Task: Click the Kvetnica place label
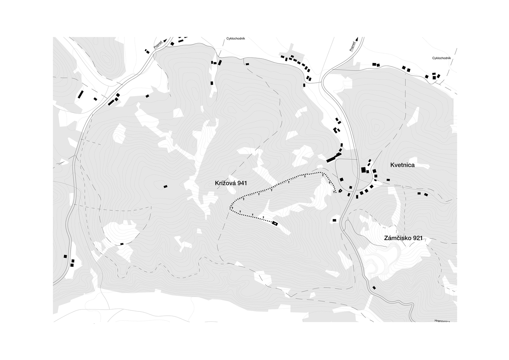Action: point(403,165)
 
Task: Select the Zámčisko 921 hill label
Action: point(403,238)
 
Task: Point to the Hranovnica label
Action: point(442,320)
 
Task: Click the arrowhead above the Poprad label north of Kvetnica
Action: point(356,38)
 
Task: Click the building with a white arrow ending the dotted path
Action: point(275,224)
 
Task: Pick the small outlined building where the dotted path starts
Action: point(340,190)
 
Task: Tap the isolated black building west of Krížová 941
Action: point(165,186)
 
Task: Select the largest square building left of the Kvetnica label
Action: point(363,170)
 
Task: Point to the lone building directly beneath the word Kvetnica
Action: point(388,180)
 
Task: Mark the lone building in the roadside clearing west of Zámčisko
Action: point(334,220)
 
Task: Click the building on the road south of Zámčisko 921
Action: point(374,288)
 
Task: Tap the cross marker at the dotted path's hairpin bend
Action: point(232,208)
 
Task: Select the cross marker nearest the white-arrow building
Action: point(264,217)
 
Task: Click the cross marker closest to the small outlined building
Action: point(335,192)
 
